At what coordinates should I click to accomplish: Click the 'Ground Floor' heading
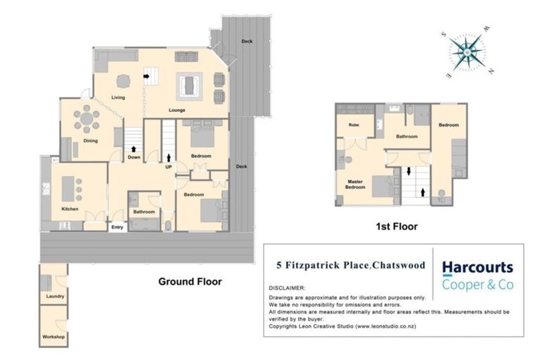pos(189,281)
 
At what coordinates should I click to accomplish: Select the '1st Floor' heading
pos(397,226)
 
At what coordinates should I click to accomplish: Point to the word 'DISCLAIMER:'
pos(287,288)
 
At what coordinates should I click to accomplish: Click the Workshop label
pos(54,337)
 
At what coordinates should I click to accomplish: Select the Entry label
pos(117,226)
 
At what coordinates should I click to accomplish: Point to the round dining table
pos(87,120)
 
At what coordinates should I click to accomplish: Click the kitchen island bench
pos(69,188)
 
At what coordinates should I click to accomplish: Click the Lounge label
pos(176,110)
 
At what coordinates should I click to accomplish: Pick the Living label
pos(117,97)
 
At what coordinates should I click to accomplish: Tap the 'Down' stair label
pos(134,157)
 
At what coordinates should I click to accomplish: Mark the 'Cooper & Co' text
pos(477,285)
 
